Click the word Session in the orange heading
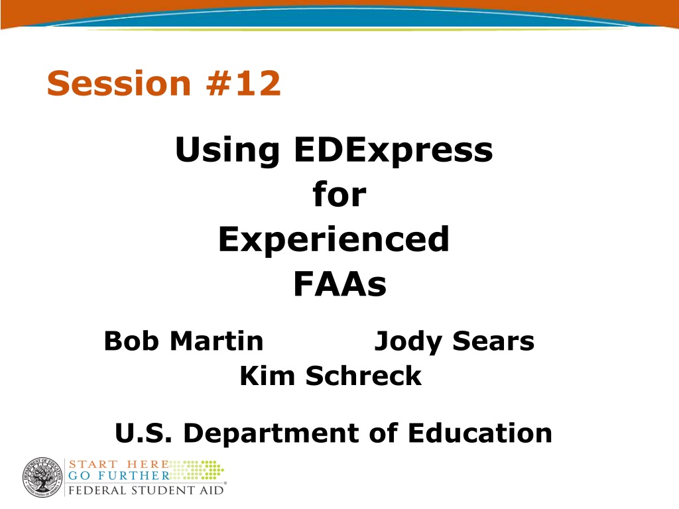(119, 83)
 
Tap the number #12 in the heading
(243, 83)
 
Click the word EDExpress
(393, 150)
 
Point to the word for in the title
(339, 194)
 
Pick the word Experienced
(334, 240)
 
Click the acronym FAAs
(340, 284)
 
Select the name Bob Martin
(184, 341)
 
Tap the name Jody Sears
(454, 342)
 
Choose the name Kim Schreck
(330, 375)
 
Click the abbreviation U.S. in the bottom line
(143, 433)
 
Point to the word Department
(271, 434)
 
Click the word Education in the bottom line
(480, 433)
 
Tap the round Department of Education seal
(43, 477)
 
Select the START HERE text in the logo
(119, 465)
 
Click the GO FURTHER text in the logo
(119, 476)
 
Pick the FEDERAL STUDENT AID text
(146, 490)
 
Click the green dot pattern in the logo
(197, 470)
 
